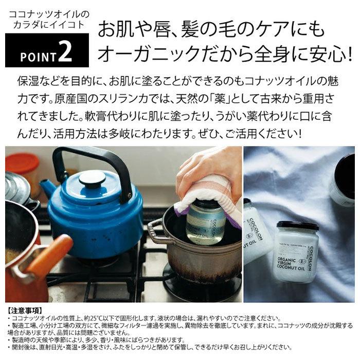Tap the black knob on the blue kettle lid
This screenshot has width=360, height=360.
pos(93,177)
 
